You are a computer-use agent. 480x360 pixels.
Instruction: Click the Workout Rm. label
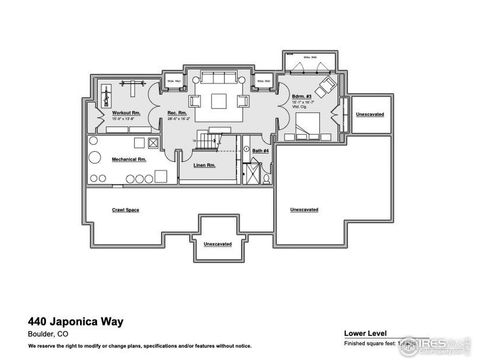(x=125, y=113)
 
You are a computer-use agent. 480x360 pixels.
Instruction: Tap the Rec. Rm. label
(x=179, y=113)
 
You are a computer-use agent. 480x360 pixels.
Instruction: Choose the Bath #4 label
(x=259, y=150)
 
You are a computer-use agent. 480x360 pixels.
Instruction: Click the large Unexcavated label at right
(x=304, y=209)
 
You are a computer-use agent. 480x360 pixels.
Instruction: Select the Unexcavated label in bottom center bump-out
(x=217, y=244)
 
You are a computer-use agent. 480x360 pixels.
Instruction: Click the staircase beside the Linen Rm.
(x=208, y=139)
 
